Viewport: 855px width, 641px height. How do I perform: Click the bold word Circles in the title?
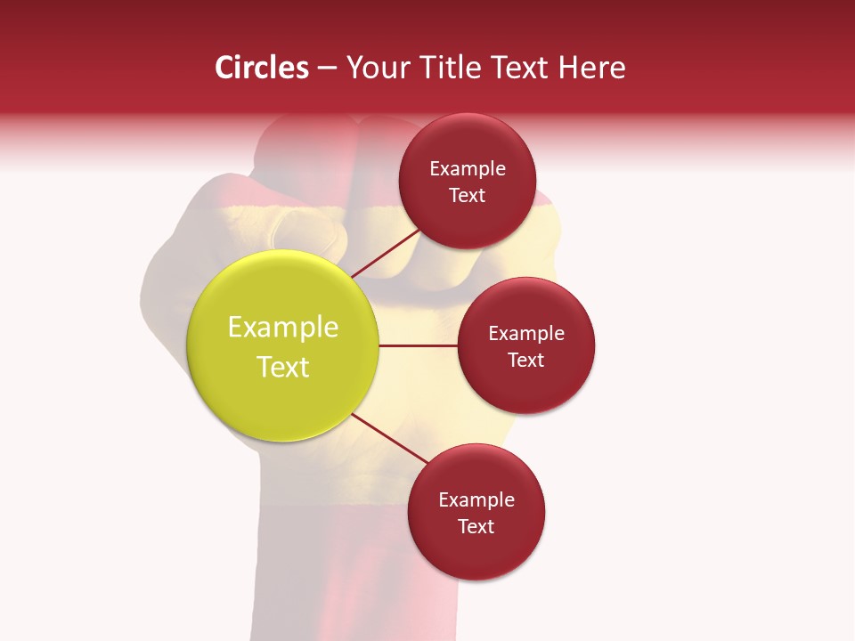[262, 68]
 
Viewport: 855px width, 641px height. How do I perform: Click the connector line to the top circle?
[386, 253]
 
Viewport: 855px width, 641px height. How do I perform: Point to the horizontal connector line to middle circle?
[418, 345]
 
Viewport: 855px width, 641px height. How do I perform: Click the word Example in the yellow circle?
[283, 328]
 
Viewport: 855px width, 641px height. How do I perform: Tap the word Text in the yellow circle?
[283, 367]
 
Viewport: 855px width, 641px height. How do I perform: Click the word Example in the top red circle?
[468, 169]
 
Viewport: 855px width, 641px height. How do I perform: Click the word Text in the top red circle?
[468, 196]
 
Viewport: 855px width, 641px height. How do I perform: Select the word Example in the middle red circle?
[526, 334]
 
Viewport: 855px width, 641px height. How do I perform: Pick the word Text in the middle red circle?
[526, 361]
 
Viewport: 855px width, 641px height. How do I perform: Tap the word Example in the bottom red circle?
[476, 500]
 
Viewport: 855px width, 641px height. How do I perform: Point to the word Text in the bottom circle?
[476, 527]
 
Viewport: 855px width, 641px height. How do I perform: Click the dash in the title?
[327, 69]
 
